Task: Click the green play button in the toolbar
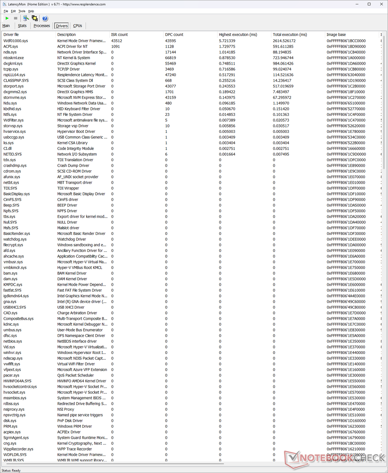(7, 18)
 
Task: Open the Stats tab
(22, 26)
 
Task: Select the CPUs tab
(78, 26)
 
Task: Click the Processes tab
(42, 26)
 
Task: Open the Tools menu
(22, 11)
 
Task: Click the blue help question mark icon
(45, 18)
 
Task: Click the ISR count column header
(120, 35)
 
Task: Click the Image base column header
(336, 35)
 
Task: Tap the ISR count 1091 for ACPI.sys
(116, 47)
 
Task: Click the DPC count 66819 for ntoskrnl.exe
(170, 58)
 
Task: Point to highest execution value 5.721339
(227, 41)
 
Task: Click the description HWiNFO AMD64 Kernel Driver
(81, 381)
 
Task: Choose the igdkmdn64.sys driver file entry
(16, 296)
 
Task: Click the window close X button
(380, 4)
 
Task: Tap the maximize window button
(369, 4)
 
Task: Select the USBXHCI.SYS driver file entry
(15, 307)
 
